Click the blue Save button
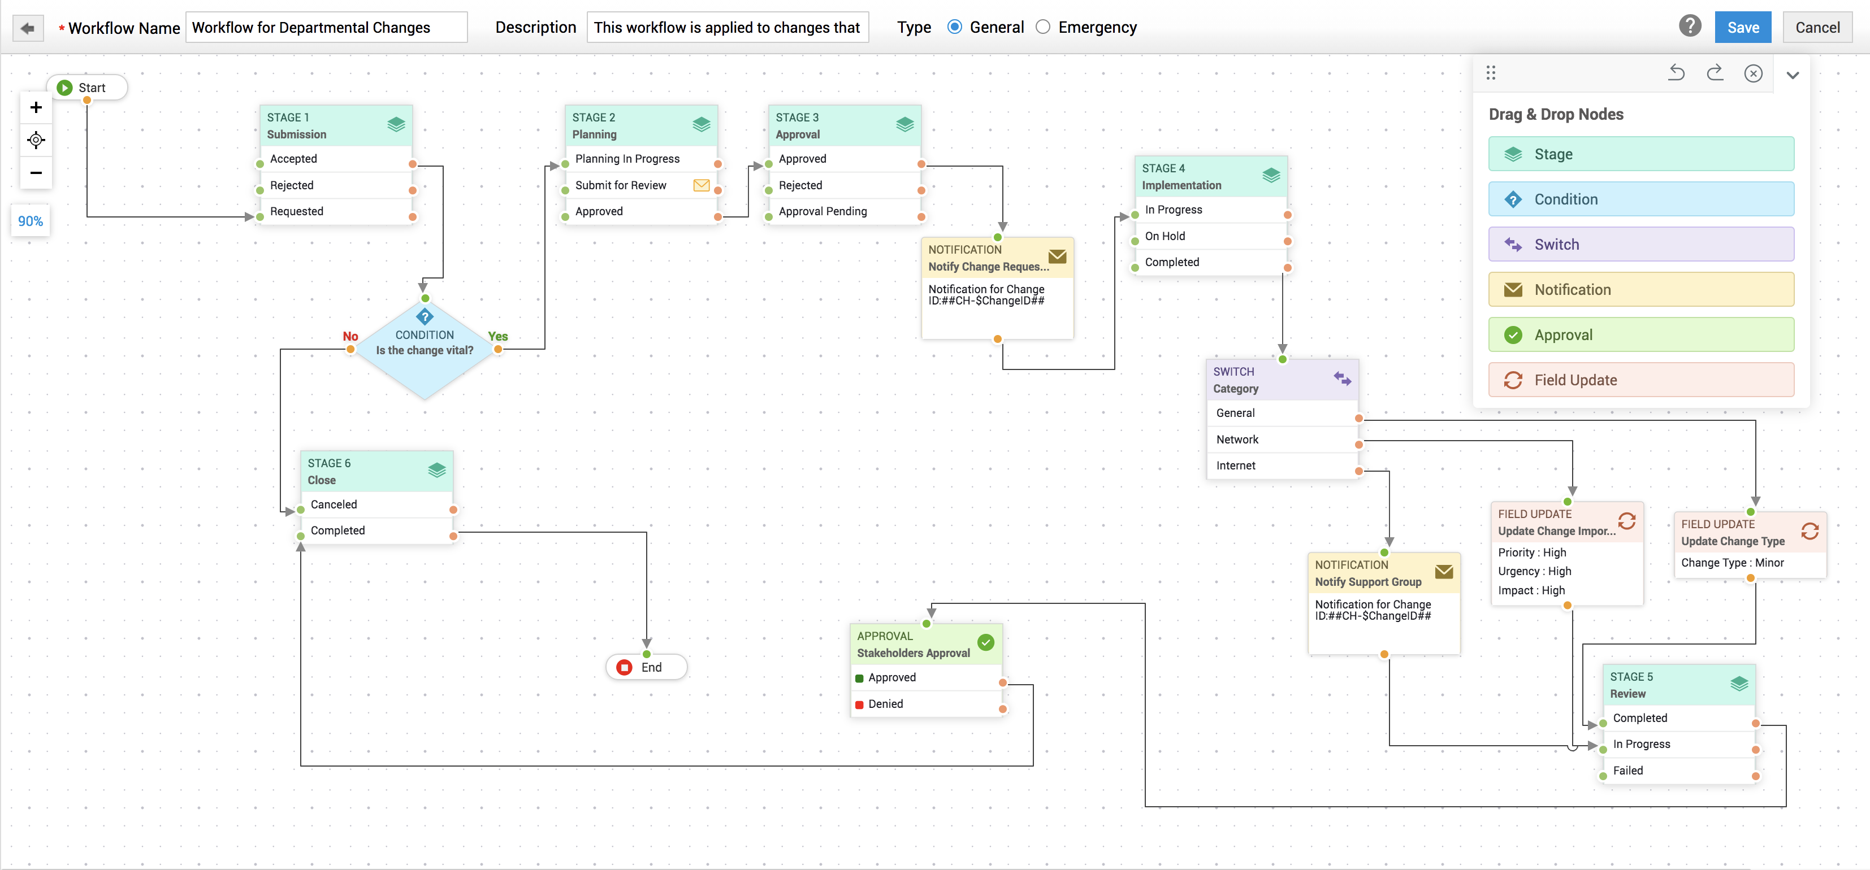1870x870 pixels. (1742, 28)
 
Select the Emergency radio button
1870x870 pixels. (1042, 28)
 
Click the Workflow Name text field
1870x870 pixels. (326, 28)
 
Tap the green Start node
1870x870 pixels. (86, 88)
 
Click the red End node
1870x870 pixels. (646, 667)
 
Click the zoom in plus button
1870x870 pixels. (36, 107)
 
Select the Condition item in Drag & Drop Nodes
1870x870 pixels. (1640, 199)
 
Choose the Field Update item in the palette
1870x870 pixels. (1640, 380)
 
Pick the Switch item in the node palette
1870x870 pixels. (1640, 245)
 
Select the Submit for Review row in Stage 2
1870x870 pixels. (631, 185)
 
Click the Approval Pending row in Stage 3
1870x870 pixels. (835, 211)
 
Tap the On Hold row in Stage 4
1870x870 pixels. (1205, 236)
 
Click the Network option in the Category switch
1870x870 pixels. (1278, 439)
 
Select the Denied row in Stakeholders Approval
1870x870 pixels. (922, 703)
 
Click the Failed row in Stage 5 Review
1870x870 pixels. (1670, 770)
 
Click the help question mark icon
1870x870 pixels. (1689, 27)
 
